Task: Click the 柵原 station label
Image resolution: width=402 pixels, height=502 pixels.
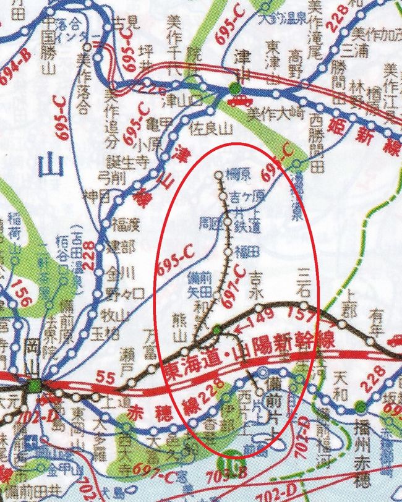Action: tap(238, 174)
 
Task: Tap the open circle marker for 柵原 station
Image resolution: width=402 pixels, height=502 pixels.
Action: tap(218, 174)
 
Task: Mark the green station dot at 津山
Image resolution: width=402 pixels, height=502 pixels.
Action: tap(234, 88)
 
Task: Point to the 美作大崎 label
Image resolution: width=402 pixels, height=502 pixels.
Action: tap(267, 114)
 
